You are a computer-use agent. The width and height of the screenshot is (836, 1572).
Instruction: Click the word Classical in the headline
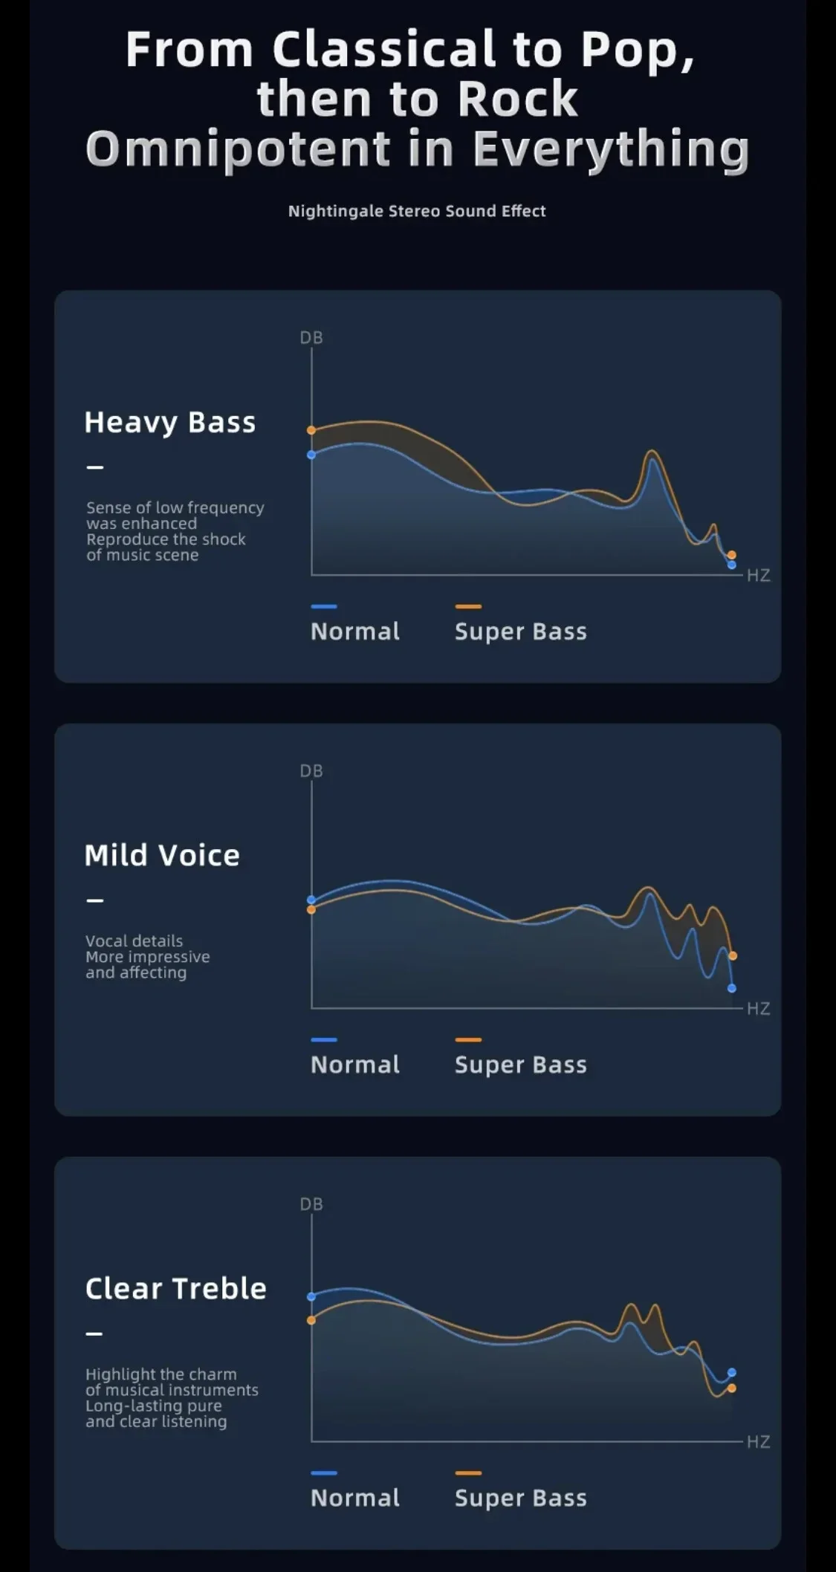click(383, 50)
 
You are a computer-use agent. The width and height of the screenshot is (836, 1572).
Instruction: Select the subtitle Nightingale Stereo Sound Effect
click(417, 211)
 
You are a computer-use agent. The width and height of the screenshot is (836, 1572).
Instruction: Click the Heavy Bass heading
click(170, 422)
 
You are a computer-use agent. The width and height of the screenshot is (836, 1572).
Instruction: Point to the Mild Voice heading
click(162, 855)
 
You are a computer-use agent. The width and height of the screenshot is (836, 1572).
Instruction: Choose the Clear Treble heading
click(175, 1288)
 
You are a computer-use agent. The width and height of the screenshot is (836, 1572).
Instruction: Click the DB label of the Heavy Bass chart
click(311, 338)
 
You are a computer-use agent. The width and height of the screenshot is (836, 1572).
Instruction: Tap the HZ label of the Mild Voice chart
click(758, 1008)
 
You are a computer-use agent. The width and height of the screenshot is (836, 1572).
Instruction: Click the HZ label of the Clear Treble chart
click(758, 1441)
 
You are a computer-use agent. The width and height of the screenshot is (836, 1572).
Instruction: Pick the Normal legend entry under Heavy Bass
click(355, 631)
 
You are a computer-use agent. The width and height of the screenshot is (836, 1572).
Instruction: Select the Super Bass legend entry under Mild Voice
click(520, 1064)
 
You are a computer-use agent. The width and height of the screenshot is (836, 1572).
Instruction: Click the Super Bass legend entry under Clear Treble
click(520, 1497)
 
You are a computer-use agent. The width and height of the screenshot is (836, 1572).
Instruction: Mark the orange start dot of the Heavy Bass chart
click(311, 430)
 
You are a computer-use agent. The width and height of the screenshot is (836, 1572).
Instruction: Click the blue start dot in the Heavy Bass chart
click(311, 455)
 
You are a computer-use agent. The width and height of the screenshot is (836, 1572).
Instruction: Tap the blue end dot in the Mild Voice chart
click(732, 988)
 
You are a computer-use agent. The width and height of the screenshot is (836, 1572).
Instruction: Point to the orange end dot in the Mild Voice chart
click(733, 955)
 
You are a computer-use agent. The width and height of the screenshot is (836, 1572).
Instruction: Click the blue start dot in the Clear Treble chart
click(311, 1296)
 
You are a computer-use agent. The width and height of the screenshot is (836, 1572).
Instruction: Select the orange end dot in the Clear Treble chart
click(732, 1388)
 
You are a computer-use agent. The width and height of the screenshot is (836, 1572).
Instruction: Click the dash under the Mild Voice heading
click(95, 900)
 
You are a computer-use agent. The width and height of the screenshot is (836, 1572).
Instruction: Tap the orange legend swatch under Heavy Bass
click(468, 606)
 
